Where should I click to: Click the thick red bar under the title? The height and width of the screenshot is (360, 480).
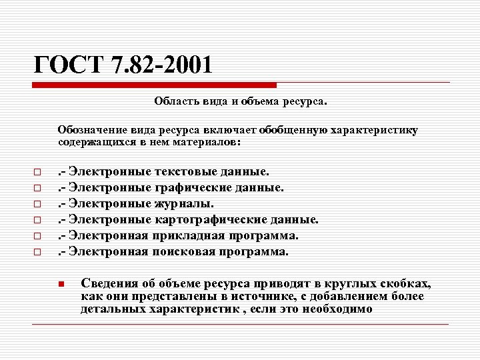(x=155, y=85)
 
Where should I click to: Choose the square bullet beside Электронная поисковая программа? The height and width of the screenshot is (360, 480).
(x=38, y=253)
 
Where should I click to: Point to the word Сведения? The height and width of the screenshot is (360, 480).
(x=106, y=283)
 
